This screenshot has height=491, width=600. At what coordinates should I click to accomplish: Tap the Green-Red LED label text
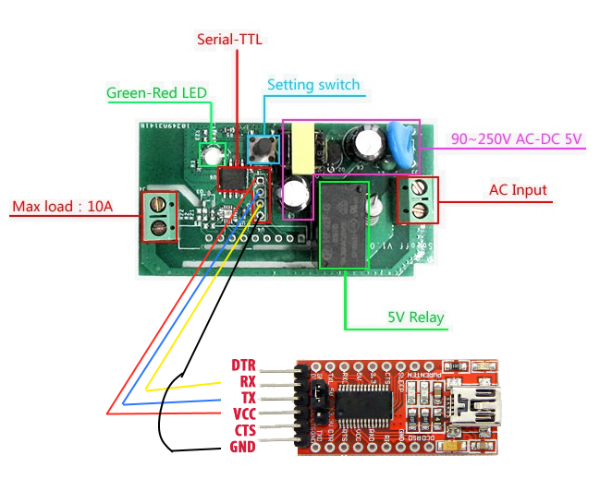tap(156, 92)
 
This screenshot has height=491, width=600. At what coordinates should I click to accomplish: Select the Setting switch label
tap(313, 85)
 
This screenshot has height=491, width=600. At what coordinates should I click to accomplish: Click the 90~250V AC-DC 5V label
tap(517, 139)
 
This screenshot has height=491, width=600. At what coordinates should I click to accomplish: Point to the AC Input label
tap(518, 191)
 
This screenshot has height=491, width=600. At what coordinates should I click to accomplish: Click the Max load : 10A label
tap(63, 205)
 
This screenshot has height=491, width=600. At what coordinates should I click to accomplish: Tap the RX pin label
tap(246, 381)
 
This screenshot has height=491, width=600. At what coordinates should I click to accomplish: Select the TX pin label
tap(246, 398)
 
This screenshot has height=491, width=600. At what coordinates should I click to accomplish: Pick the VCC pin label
tap(244, 413)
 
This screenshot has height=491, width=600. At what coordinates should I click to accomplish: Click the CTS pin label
tap(244, 430)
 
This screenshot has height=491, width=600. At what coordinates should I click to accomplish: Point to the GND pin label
tap(242, 447)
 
